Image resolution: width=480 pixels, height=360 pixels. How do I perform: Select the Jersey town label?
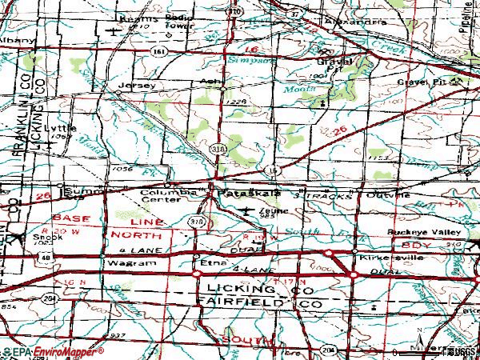click(x=134, y=84)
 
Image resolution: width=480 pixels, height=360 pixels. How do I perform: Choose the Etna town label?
click(x=210, y=261)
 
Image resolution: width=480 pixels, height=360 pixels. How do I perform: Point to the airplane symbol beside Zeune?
click(x=249, y=210)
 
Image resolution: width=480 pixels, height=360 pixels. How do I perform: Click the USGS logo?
click(x=462, y=351)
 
